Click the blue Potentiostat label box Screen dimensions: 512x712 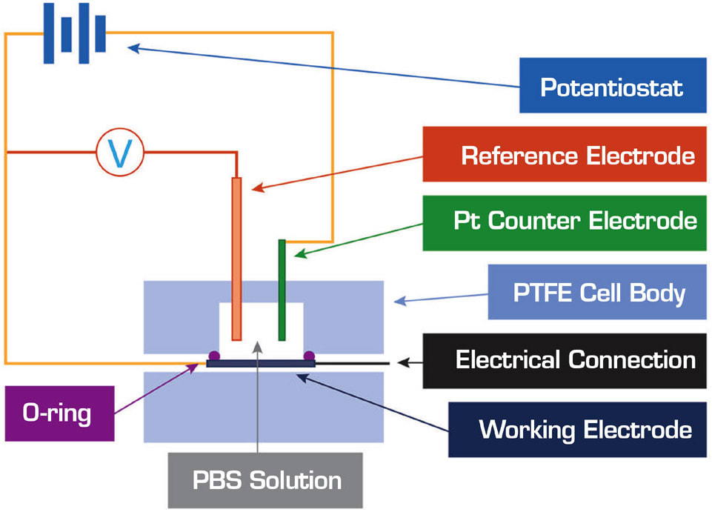click(611, 87)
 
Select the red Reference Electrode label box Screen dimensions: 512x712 click(561, 155)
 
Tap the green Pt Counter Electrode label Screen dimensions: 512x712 click(561, 222)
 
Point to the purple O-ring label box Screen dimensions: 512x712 click(58, 413)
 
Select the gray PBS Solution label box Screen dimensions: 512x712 click(265, 480)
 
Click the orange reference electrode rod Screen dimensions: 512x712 click(236, 259)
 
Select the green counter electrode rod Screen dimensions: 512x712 click(282, 289)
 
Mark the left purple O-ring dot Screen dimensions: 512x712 click(213, 356)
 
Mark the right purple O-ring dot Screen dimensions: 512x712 click(308, 356)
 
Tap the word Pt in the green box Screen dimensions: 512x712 click(467, 222)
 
